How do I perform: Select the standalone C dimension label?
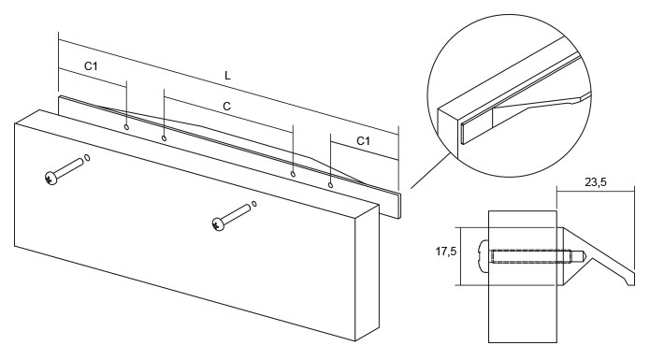pos(227,107)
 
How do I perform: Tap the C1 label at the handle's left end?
pos(92,66)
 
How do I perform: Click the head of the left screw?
pos(50,176)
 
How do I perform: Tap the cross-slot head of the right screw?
pos(218,223)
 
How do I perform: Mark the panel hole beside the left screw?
pos(87,158)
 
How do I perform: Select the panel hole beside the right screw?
pos(254,202)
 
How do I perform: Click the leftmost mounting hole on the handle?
pos(126,123)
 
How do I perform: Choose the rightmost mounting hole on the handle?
pos(331,184)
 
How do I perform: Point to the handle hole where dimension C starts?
pos(164,138)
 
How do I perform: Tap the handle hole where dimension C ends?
pos(294,173)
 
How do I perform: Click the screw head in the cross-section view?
pos(484,253)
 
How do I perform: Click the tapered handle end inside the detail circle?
pos(552,102)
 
